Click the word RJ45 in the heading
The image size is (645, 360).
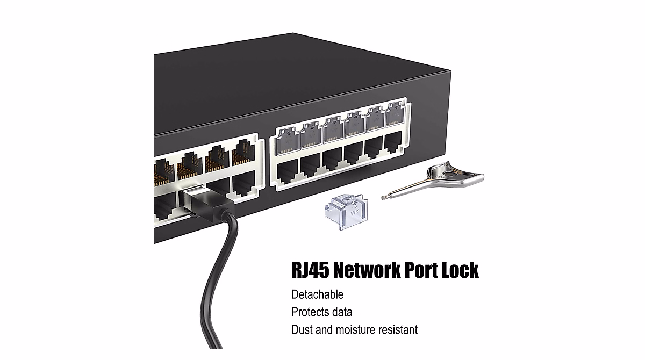(310, 270)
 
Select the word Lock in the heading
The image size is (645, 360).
(458, 270)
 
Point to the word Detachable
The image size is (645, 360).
(317, 294)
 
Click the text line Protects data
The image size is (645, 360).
(321, 312)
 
